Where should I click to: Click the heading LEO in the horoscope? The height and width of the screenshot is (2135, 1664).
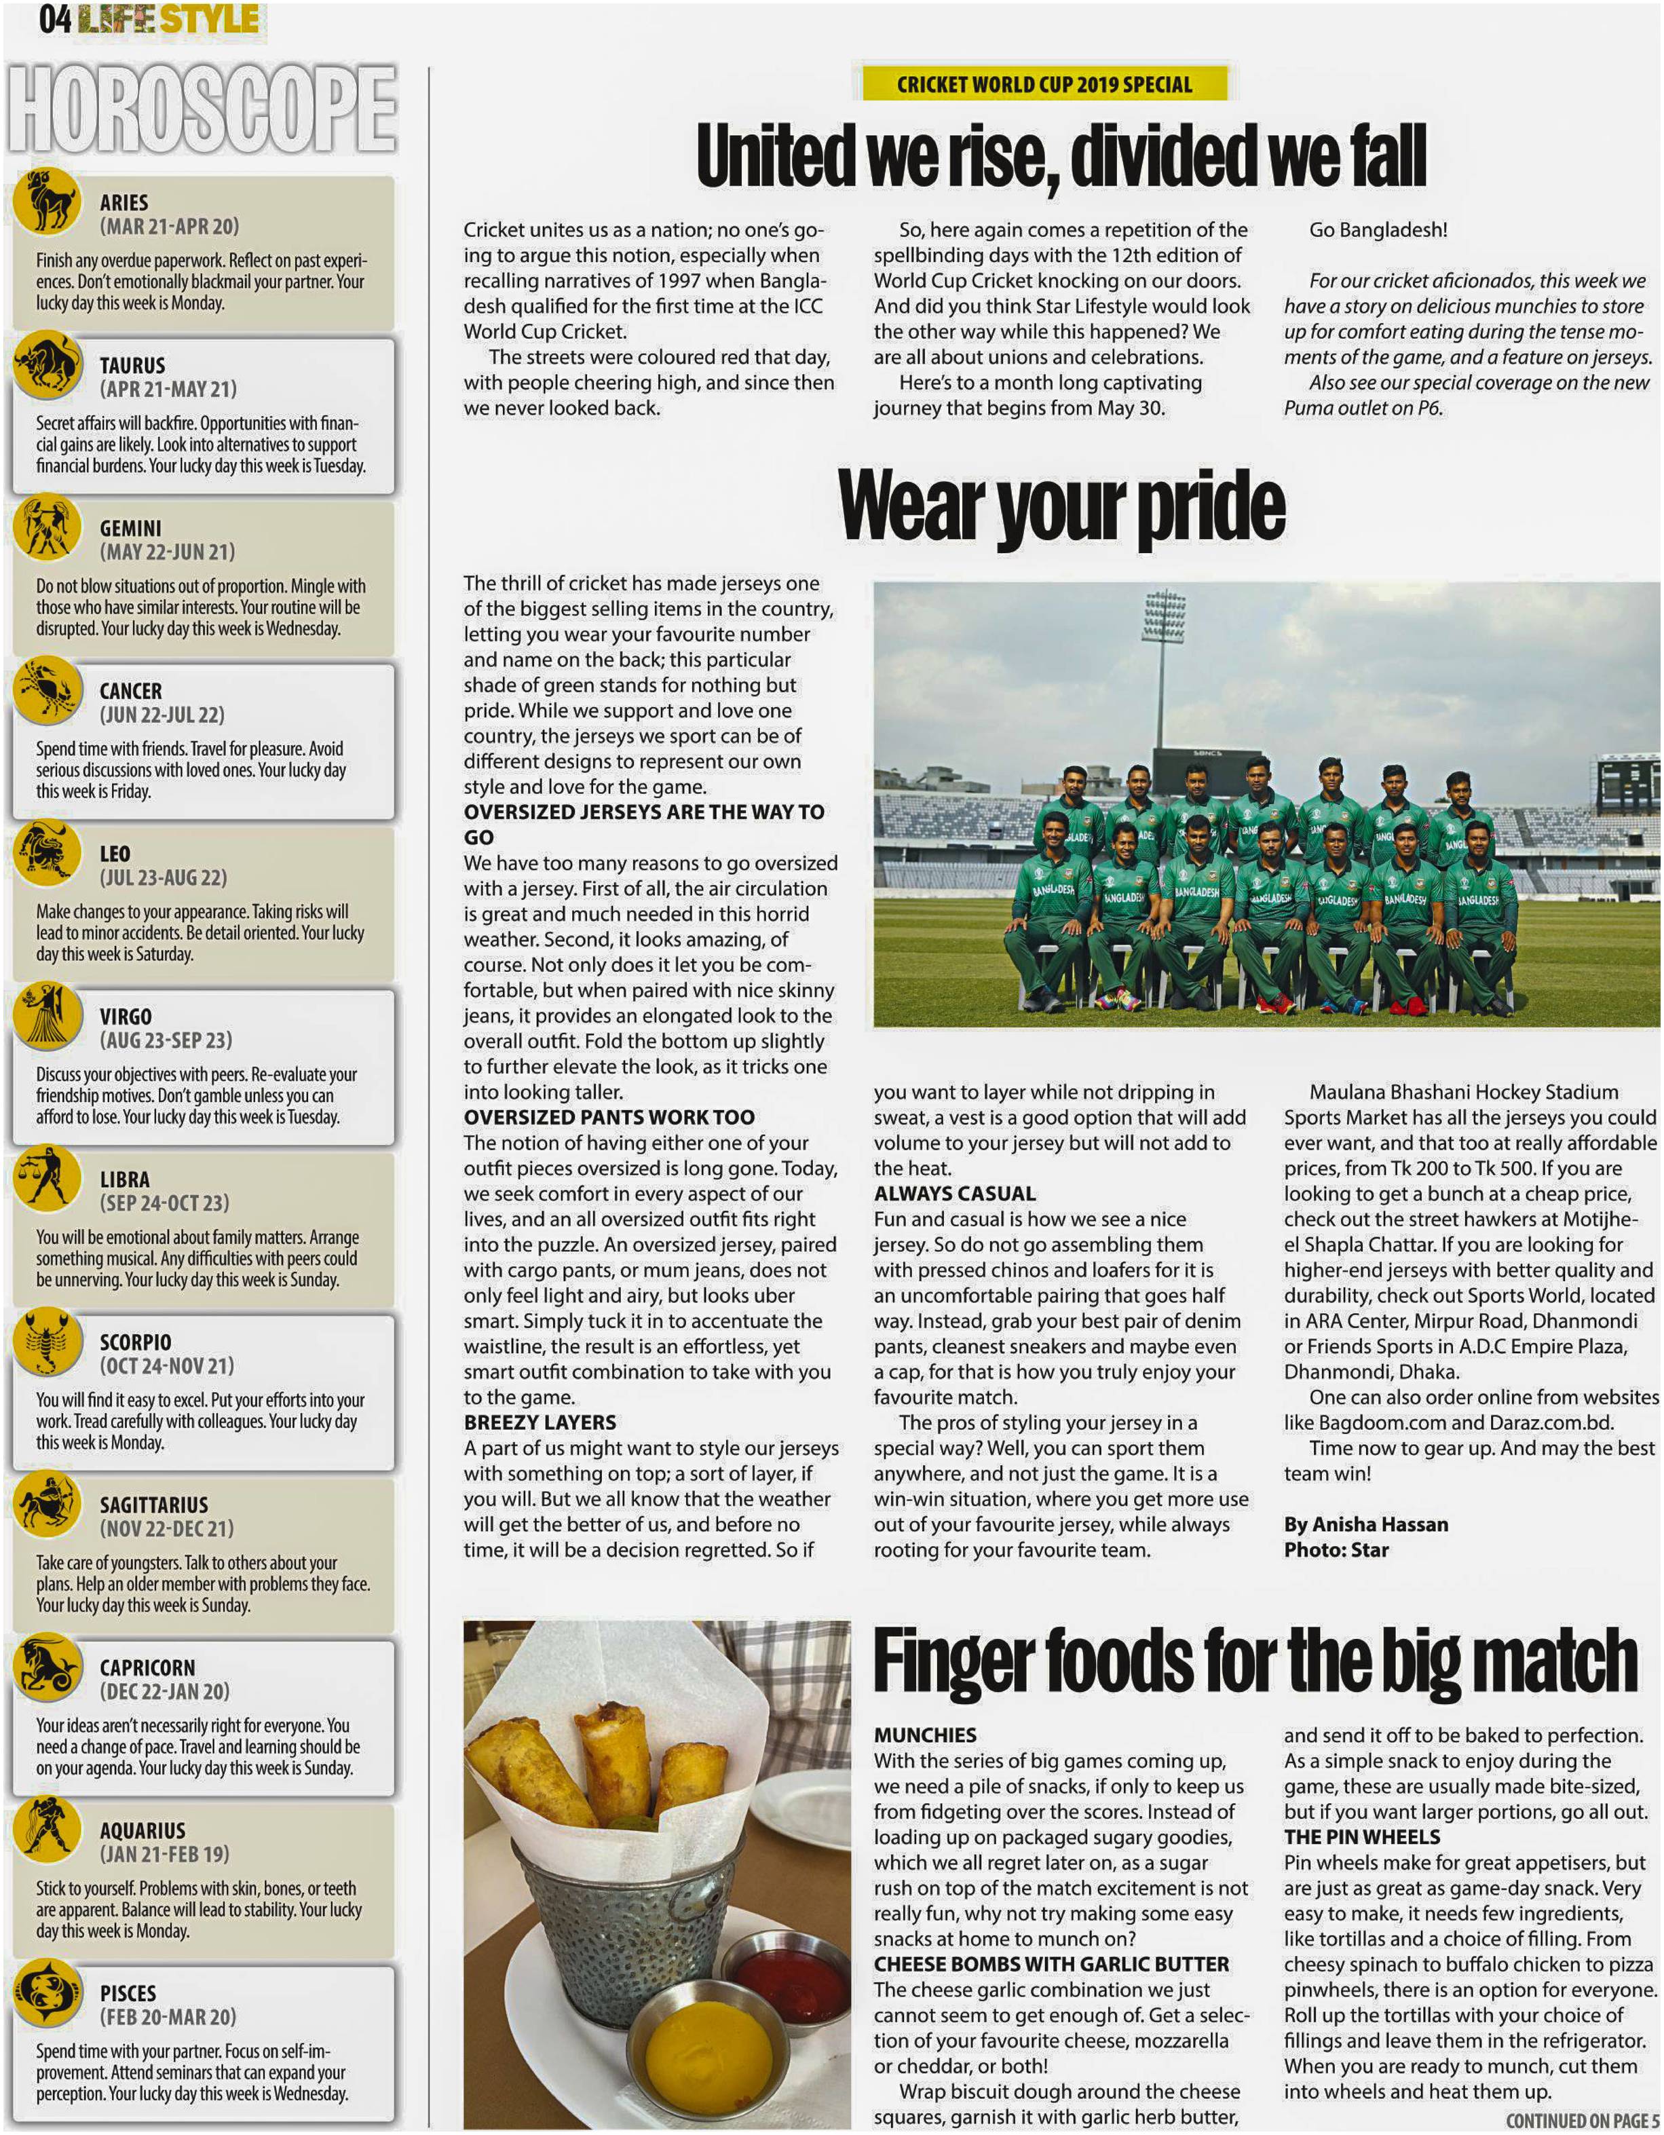pyautogui.click(x=115, y=854)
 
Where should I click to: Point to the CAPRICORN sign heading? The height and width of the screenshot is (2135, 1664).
pyautogui.click(x=147, y=1667)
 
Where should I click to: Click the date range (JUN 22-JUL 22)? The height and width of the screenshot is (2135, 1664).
pyautogui.click(x=162, y=715)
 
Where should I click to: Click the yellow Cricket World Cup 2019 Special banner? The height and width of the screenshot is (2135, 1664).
pyautogui.click(x=1044, y=84)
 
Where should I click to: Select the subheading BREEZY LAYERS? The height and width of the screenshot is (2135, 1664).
pyautogui.click(x=540, y=1422)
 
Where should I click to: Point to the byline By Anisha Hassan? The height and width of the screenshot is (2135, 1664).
pyautogui.click(x=1366, y=1524)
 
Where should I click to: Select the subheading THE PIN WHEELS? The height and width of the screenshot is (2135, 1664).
pyautogui.click(x=1362, y=1837)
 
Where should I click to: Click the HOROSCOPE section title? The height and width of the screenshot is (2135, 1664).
pyautogui.click(x=202, y=109)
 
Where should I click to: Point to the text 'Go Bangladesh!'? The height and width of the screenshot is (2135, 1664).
pyautogui.click(x=1378, y=230)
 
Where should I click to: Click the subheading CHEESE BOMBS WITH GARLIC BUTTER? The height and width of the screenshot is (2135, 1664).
pyautogui.click(x=1051, y=1964)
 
